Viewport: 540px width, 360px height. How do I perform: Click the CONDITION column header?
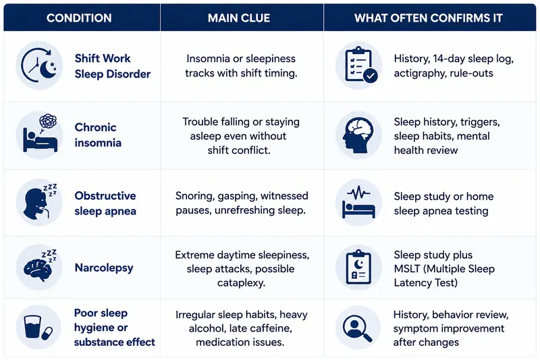(x=79, y=18)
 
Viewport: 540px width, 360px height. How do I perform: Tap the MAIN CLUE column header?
(x=239, y=18)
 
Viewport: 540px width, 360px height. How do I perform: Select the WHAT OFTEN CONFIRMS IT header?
(x=429, y=18)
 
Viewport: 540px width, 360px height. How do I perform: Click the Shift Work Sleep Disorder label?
(x=113, y=66)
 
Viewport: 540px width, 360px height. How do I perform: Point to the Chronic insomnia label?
(x=98, y=134)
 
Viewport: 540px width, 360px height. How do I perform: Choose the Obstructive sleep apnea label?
(x=105, y=203)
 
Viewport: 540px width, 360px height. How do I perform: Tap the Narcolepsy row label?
(x=104, y=267)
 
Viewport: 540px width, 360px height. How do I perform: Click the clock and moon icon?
(x=39, y=66)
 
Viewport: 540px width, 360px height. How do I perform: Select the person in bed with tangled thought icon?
(x=39, y=134)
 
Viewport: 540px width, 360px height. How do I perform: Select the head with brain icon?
(x=359, y=134)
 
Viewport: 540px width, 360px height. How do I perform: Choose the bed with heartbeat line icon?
(x=359, y=203)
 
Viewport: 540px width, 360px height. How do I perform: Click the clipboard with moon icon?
(x=359, y=267)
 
